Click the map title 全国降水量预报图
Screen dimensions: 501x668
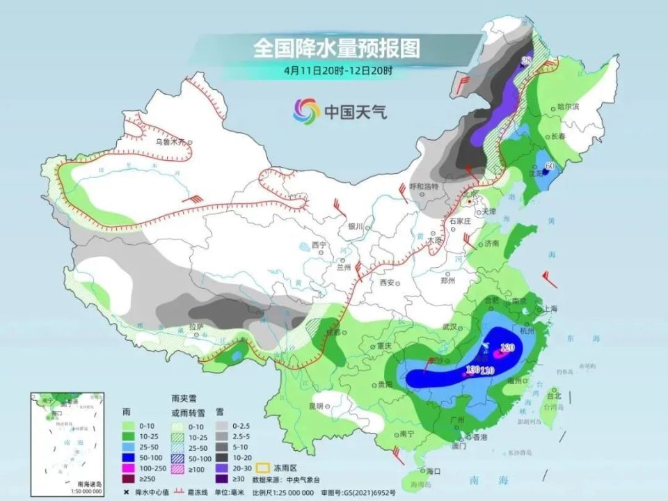337,47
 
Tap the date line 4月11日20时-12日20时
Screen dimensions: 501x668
337,70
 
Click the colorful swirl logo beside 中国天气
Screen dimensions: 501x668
306,110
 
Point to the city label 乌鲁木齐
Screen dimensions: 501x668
171,141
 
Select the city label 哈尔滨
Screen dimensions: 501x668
568,106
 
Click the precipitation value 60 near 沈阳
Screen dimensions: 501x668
549,166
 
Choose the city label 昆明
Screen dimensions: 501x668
317,405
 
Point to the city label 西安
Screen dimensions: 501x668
387,283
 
